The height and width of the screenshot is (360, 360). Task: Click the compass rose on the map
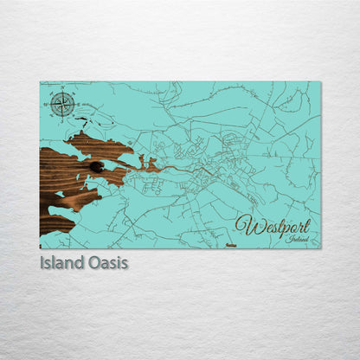[x=61, y=105]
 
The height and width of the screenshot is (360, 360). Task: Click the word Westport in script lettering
[x=272, y=227]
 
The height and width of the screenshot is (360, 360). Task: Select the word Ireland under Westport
[x=297, y=239]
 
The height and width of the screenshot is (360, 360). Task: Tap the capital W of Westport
[x=246, y=226]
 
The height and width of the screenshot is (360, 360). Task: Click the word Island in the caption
[x=62, y=262]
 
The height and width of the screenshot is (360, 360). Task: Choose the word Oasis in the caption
[x=108, y=262]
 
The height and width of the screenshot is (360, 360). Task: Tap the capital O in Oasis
[x=94, y=262]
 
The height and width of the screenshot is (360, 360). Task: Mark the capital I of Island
[x=42, y=262]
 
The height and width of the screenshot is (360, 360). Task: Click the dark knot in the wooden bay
[x=96, y=167]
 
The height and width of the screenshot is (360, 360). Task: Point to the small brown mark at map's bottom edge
[x=230, y=246]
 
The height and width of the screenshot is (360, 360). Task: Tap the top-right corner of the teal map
[x=319, y=82]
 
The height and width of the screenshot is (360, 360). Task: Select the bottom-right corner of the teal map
[x=319, y=247]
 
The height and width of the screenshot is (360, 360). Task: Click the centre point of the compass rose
[x=61, y=105]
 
